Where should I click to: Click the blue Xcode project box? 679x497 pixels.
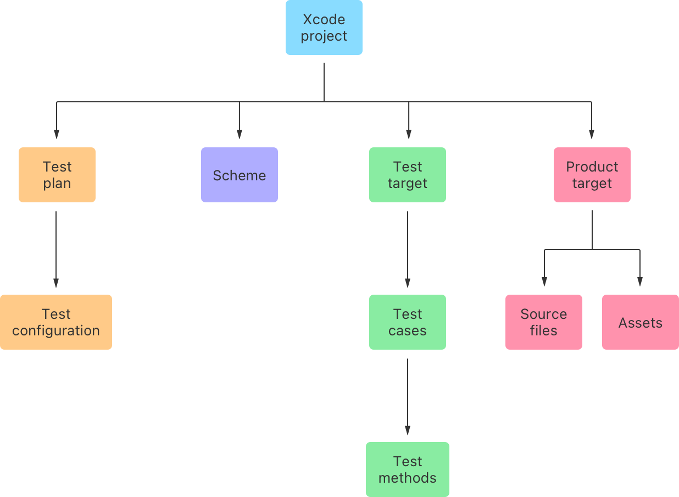[x=324, y=27]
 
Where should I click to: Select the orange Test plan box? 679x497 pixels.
[x=57, y=175]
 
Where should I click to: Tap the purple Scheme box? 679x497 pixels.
[x=240, y=175]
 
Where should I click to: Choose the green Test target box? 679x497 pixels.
[x=408, y=175]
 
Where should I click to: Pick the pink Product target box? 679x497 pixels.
[x=592, y=175]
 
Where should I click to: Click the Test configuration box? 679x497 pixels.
[x=56, y=322]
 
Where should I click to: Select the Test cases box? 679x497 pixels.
[x=408, y=322]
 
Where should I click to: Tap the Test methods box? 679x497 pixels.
[x=408, y=470]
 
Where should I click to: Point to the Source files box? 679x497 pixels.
[x=544, y=322]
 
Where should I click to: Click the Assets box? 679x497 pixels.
[x=641, y=322]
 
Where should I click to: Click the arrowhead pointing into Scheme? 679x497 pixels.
[x=240, y=134]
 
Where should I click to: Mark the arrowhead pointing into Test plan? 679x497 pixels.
[x=57, y=134]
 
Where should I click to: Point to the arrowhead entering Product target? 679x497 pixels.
[x=592, y=134]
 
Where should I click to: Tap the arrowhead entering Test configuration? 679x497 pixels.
[x=56, y=283]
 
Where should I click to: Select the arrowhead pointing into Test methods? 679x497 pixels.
[x=408, y=430]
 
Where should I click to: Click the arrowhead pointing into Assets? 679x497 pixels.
[x=640, y=281]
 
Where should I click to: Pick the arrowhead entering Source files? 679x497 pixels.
[x=544, y=281]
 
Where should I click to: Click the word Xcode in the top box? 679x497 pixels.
[x=324, y=19]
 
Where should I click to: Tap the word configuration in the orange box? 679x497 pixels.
[x=56, y=331]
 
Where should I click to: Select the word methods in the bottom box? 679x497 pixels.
[x=408, y=478]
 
